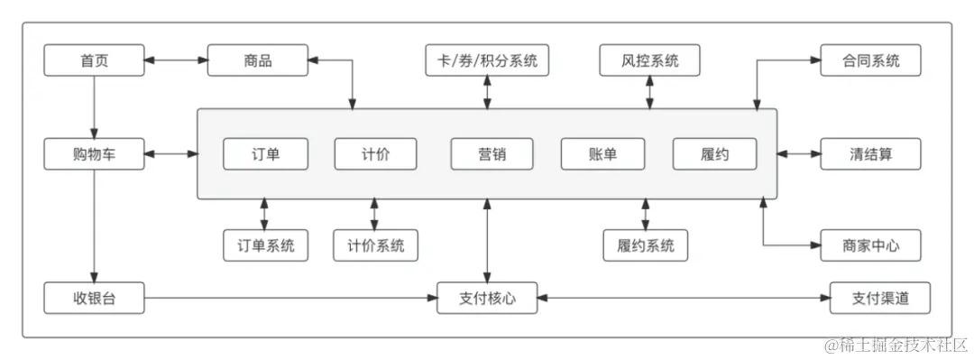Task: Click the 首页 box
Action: click(94, 61)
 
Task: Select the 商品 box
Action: click(258, 61)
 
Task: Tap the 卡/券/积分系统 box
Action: click(487, 61)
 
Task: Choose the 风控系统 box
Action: click(649, 61)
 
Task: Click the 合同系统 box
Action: click(870, 61)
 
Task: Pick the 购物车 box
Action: click(94, 154)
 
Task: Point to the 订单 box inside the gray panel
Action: click(265, 154)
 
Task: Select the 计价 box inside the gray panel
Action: click(375, 154)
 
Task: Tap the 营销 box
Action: click(492, 154)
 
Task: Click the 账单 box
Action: click(602, 154)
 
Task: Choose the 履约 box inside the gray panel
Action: click(714, 154)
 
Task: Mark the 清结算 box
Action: click(870, 154)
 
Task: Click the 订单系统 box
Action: click(265, 245)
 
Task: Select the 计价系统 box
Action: click(375, 245)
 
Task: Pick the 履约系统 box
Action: click(646, 245)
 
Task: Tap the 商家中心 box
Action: click(870, 245)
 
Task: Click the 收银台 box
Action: click(94, 299)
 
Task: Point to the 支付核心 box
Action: click(487, 299)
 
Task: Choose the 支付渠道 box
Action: click(879, 299)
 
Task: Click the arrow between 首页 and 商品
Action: click(176, 61)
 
